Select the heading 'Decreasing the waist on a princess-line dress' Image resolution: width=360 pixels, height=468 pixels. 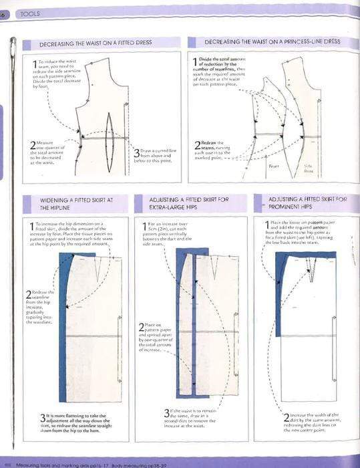272,41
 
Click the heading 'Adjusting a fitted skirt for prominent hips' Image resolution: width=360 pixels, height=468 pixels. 299,203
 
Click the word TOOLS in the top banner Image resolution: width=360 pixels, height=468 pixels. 29,13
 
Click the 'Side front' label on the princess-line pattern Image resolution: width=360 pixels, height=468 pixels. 327,168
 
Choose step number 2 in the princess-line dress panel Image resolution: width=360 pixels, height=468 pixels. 197,145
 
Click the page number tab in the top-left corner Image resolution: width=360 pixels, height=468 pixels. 3,13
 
